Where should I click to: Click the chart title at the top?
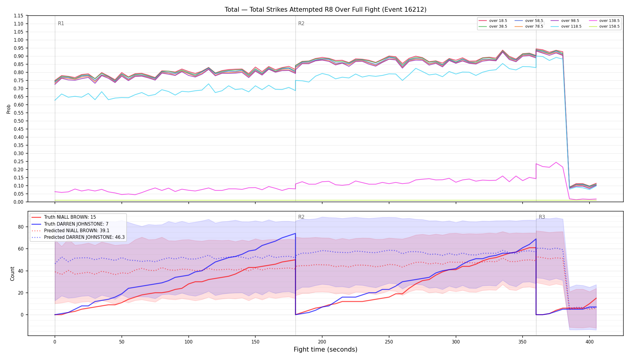click(x=325, y=10)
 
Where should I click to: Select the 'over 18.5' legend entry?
click(x=493, y=21)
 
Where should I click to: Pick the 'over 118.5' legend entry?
click(x=566, y=26)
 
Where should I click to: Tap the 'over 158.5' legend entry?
click(x=604, y=26)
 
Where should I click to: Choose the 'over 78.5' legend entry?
click(x=529, y=26)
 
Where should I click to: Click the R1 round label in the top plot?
click(x=61, y=23)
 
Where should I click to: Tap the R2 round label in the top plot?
click(x=301, y=23)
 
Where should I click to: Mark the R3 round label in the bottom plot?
click(x=542, y=217)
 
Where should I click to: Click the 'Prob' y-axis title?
click(x=9, y=109)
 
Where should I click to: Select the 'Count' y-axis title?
click(x=12, y=274)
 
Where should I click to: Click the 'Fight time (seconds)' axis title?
click(x=325, y=349)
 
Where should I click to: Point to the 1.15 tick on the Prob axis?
click(x=19, y=16)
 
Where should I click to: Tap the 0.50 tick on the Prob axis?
click(x=19, y=121)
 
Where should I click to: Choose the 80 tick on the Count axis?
click(x=20, y=227)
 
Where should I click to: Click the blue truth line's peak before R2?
click(x=295, y=233)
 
